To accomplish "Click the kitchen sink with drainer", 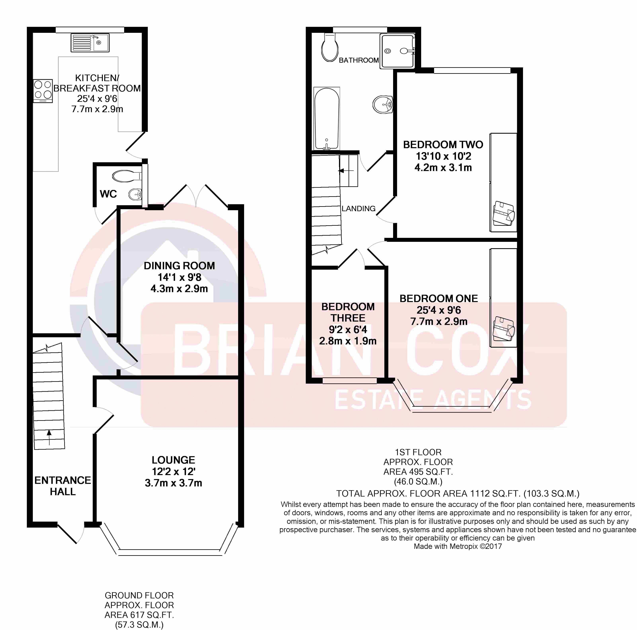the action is click(x=90, y=43).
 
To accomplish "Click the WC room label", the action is click(x=108, y=194).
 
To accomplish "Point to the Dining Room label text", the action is click(x=179, y=266).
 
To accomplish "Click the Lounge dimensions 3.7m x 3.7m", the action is click(x=173, y=483).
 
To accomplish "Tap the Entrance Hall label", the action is click(x=63, y=486).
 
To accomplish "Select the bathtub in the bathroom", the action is click(x=326, y=119).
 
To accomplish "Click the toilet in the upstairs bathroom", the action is click(x=330, y=48).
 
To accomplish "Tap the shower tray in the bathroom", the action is click(x=397, y=51).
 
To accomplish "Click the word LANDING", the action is click(x=358, y=208).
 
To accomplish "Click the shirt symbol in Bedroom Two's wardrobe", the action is click(x=504, y=214).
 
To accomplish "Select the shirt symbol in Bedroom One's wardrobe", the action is click(x=504, y=329).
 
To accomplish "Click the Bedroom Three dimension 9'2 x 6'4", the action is click(x=348, y=329).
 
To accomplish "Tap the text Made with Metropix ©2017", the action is click(x=458, y=546).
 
